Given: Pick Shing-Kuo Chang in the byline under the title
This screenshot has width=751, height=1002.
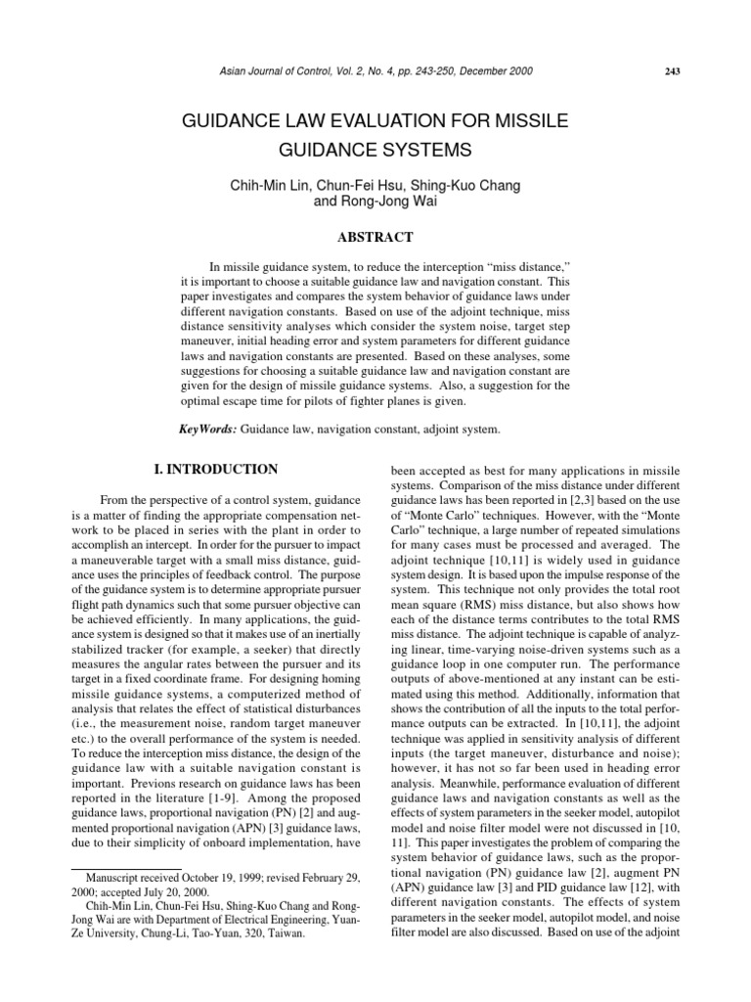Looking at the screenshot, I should [471, 187].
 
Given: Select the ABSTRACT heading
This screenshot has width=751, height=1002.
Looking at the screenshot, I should [375, 237].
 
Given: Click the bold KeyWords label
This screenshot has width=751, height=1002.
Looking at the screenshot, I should [207, 430].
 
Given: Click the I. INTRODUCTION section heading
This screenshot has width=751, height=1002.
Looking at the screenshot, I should [215, 470].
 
